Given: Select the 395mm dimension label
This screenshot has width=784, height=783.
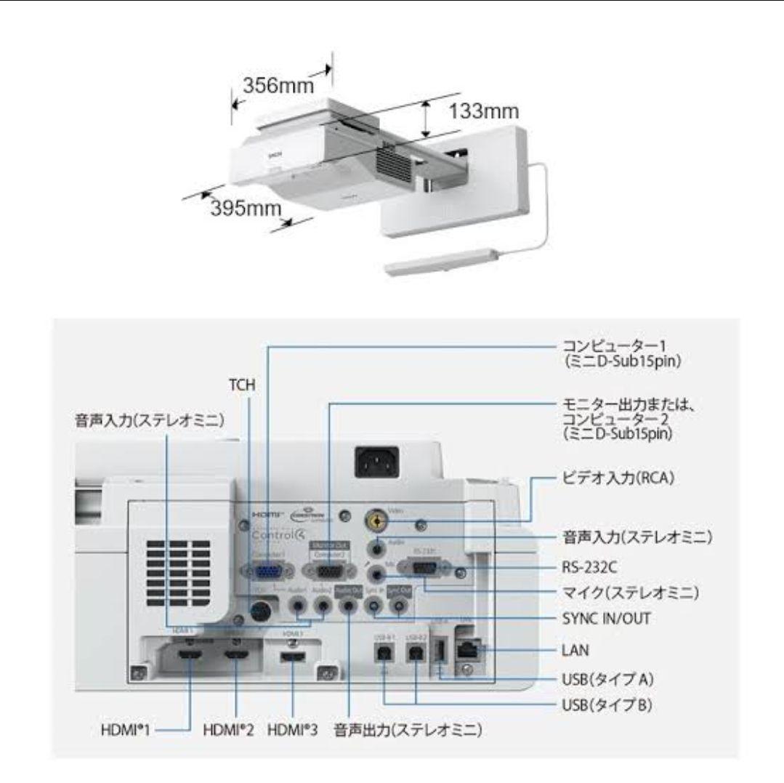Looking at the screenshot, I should pyautogui.click(x=245, y=208).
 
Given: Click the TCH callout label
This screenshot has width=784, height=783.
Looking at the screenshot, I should pyautogui.click(x=242, y=385).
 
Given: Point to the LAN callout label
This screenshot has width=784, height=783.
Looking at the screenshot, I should pyautogui.click(x=575, y=649).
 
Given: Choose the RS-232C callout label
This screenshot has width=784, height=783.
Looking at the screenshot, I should pyautogui.click(x=593, y=566).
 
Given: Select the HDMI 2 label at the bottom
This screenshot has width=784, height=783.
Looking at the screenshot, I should pyautogui.click(x=229, y=730).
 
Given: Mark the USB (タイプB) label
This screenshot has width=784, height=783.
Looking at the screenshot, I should pyautogui.click(x=610, y=705).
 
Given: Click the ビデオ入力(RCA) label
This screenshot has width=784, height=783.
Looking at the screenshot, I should pyautogui.click(x=617, y=481).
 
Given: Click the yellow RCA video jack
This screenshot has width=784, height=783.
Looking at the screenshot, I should pyautogui.click(x=376, y=520).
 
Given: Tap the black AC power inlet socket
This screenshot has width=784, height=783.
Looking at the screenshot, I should pyautogui.click(x=376, y=460).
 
